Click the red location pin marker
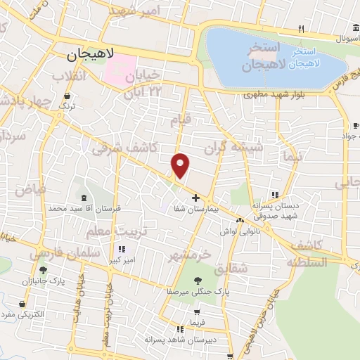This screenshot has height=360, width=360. (x=181, y=165)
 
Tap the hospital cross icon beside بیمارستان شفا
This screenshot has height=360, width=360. (x=195, y=198)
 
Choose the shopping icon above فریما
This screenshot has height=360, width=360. (x=198, y=311)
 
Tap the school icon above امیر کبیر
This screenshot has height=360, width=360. (x=122, y=248)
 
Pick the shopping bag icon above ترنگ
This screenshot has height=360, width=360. (x=67, y=96)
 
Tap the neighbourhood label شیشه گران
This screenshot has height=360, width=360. (x=232, y=148)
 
